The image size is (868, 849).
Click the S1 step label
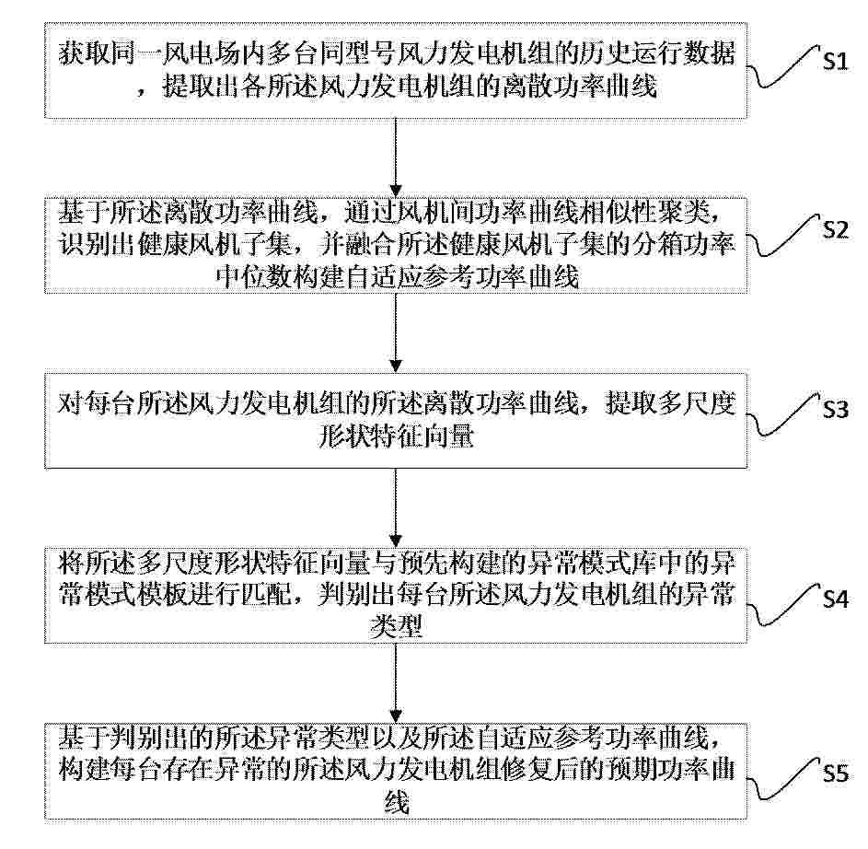[x=836, y=59]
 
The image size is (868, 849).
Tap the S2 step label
[x=836, y=228]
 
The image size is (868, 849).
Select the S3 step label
[x=836, y=409]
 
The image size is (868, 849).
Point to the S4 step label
[x=836, y=599]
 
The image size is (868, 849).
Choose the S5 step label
[x=836, y=773]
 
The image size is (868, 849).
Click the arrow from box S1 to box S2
[x=395, y=157]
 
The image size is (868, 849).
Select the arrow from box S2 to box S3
[x=395, y=332]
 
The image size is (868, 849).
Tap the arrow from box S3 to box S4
[x=395, y=508]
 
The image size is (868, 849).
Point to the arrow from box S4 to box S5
[x=395, y=683]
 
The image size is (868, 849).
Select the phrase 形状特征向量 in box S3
[x=396, y=436]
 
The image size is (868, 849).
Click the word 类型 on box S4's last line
[x=396, y=626]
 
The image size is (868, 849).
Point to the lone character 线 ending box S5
[x=396, y=801]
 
